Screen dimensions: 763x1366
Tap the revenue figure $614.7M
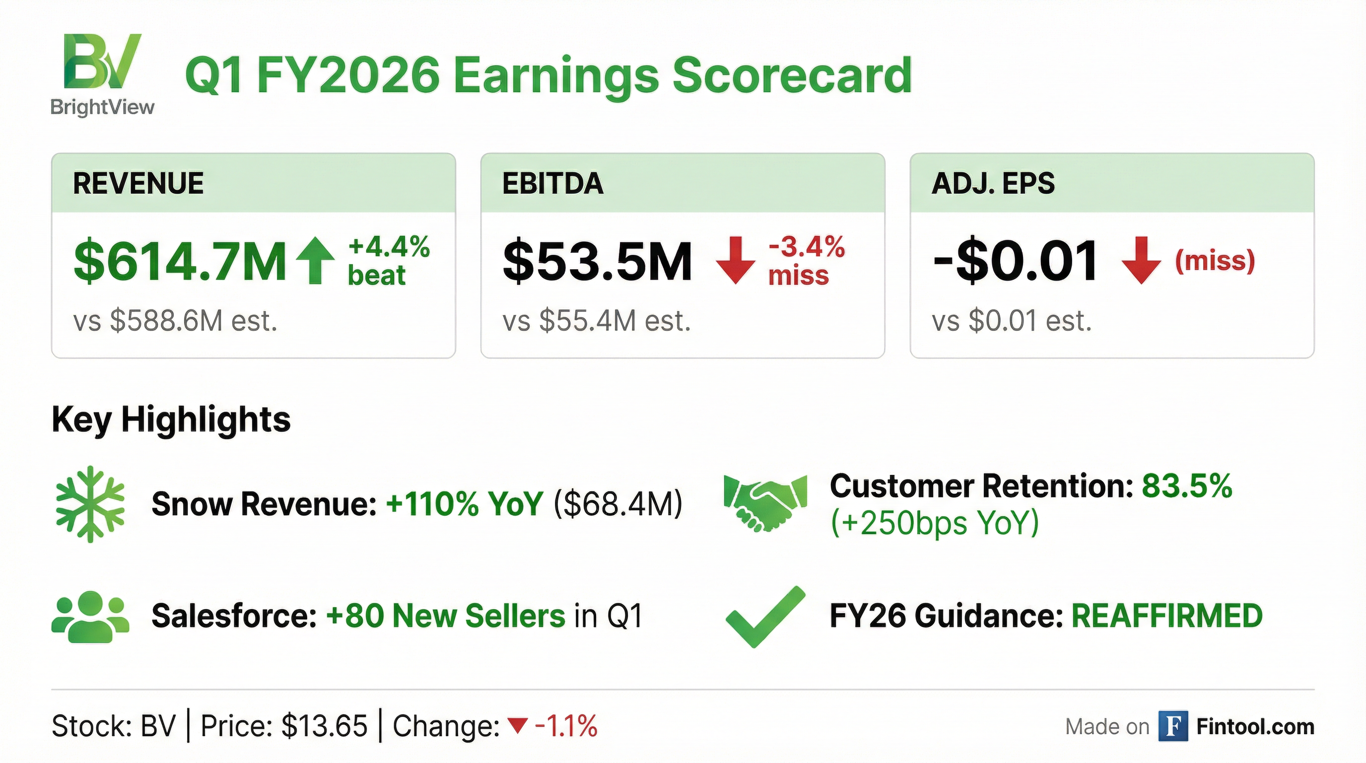pos(180,261)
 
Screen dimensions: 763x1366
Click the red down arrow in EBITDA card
pos(736,260)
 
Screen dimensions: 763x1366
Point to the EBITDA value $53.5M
pos(598,261)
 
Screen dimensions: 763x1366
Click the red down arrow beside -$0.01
pos(1141,260)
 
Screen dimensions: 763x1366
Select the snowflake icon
pos(91,504)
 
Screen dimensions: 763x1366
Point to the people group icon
pos(90,616)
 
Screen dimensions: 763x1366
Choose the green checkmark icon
pos(765,616)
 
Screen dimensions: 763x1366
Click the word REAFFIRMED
pos(1167,616)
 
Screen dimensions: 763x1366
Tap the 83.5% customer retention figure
pos(1187,485)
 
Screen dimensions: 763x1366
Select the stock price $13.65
pos(324,726)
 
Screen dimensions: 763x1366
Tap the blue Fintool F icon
pos(1173,726)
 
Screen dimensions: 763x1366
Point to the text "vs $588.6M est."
pos(176,321)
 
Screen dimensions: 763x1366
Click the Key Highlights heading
pos(171,420)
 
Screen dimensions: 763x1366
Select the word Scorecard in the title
pos(792,76)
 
